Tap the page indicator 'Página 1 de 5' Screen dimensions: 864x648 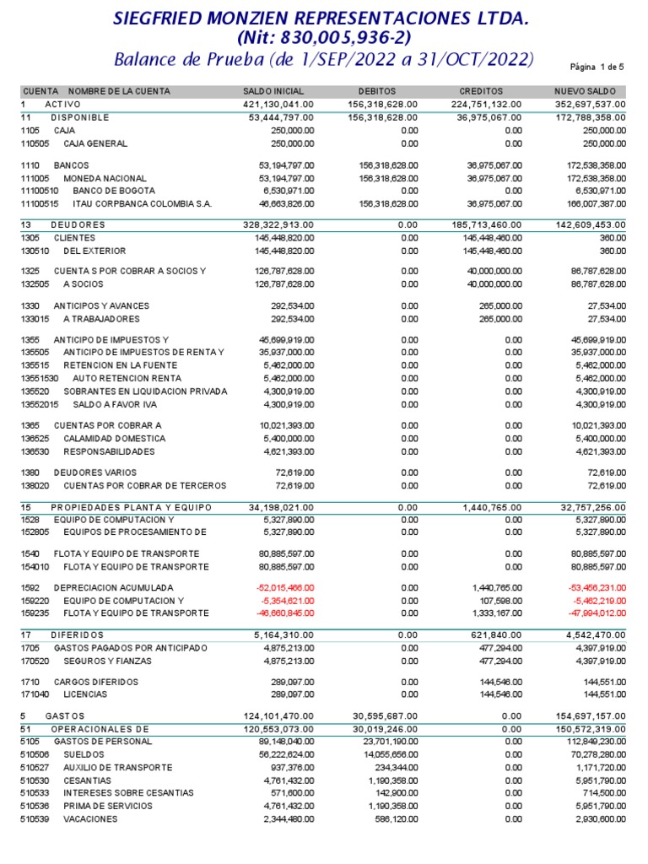(597, 66)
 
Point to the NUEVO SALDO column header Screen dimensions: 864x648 (585, 91)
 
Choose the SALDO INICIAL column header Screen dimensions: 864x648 (273, 91)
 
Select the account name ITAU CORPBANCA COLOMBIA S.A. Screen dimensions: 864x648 (131, 204)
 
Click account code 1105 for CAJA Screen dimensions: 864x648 (30, 132)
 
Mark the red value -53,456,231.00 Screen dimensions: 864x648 (596, 587)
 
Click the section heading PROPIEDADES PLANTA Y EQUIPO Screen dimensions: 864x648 (131, 507)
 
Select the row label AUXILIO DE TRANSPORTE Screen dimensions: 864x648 (117, 768)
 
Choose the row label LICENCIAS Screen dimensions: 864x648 (85, 694)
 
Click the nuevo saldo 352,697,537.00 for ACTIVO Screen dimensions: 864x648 (589, 104)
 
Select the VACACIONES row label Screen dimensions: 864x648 (90, 819)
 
